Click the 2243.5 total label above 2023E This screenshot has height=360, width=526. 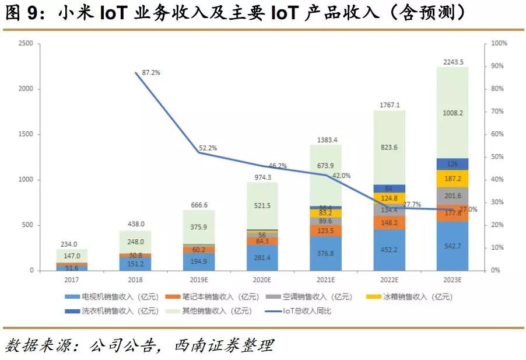click(453, 62)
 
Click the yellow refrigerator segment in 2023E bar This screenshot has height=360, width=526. click(453, 179)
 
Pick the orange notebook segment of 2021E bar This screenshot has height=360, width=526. click(326, 230)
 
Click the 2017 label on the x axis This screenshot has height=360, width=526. click(72, 280)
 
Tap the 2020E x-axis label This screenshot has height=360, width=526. click(262, 280)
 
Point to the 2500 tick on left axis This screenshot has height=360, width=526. click(26, 43)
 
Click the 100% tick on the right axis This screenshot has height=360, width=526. click(500, 43)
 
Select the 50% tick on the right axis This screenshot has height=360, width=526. click(498, 157)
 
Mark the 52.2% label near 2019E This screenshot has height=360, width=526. click(206, 148)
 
